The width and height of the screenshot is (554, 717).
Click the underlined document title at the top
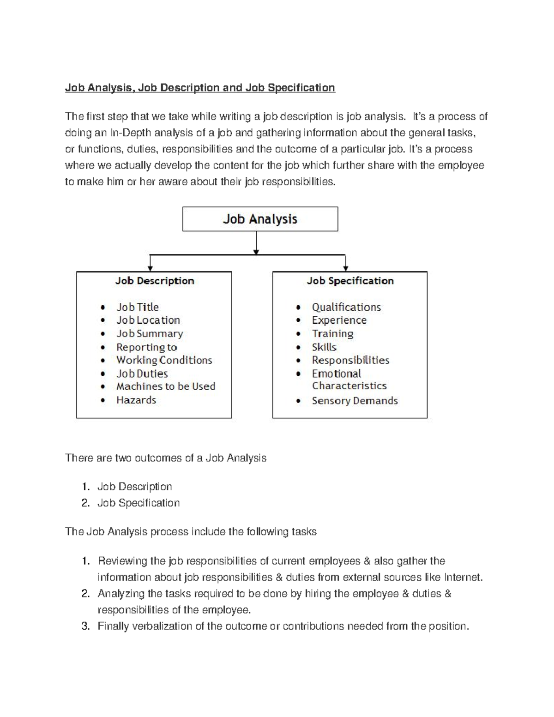[200, 88]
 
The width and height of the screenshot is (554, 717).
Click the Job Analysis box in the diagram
[260, 219]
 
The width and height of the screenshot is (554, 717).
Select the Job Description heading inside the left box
[155, 281]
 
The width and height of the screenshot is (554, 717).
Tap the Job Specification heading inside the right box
[350, 281]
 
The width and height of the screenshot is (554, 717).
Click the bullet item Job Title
[137, 307]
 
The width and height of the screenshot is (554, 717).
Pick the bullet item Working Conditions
[164, 360]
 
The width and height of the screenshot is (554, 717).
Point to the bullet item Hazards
[136, 400]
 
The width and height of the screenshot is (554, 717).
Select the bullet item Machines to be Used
[166, 386]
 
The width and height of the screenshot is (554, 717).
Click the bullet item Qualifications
[346, 307]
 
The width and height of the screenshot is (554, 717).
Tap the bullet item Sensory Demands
[355, 401]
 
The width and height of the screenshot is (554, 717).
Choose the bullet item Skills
[324, 347]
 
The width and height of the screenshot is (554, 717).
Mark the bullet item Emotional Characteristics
[349, 380]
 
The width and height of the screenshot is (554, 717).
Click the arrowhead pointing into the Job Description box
[150, 268]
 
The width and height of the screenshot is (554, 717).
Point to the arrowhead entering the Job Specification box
[346, 268]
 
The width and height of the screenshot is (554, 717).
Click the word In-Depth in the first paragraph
[130, 133]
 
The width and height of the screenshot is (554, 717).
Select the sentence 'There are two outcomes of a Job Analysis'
[166, 458]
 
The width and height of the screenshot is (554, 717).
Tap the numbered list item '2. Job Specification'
[138, 503]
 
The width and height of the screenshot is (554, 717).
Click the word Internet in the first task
[463, 577]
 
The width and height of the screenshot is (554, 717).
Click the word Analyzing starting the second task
[120, 593]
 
